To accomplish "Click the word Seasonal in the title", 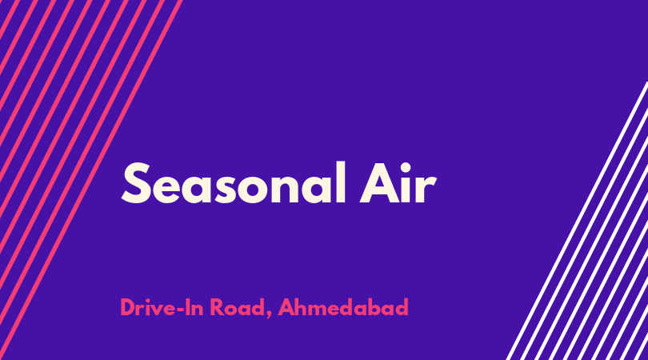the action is click(x=234, y=183).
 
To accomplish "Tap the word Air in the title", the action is click(x=398, y=183).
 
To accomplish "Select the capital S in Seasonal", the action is click(x=135, y=183).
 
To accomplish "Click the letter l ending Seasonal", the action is click(x=341, y=182).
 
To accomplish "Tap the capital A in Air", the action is click(x=378, y=183).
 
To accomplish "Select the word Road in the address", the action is click(x=237, y=307).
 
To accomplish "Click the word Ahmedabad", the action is click(x=343, y=307).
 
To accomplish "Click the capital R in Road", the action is click(x=217, y=307).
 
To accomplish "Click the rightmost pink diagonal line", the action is click(x=90, y=180).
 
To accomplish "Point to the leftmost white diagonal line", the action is click(x=577, y=221).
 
